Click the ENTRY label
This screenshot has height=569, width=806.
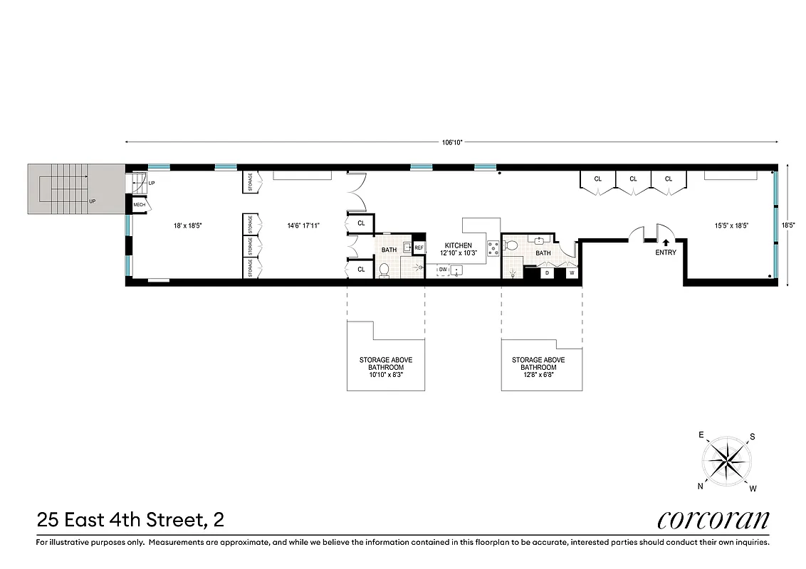coord(666,252)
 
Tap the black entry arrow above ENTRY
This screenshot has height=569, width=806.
coord(666,243)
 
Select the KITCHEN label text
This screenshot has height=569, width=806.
coord(459,245)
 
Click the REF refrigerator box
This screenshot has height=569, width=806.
coord(419,248)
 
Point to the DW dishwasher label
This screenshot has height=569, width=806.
coord(443,270)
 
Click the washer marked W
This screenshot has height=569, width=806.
coord(570,272)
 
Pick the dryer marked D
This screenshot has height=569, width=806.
coord(547,272)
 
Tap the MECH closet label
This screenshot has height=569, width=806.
coord(140,206)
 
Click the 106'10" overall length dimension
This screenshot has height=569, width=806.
coord(452,142)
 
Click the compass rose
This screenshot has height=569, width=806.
coord(726,461)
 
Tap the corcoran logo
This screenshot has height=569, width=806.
coord(713,519)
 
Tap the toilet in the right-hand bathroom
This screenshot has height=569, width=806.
coord(510,246)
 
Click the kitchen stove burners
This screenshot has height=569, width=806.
coord(492,248)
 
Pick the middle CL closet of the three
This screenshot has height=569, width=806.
coord(633,179)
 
